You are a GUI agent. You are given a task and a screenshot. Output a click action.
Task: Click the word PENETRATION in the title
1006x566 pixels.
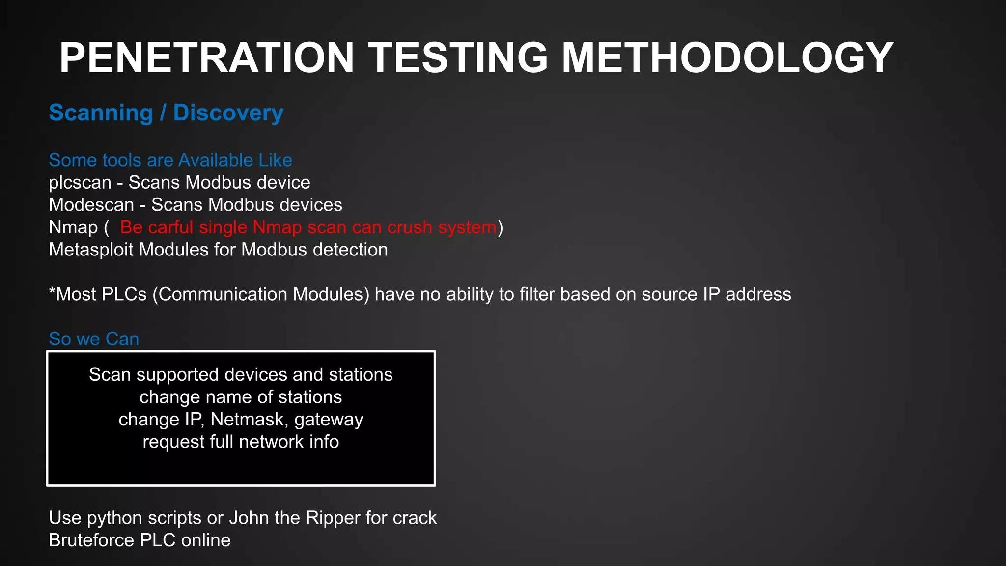[206, 58]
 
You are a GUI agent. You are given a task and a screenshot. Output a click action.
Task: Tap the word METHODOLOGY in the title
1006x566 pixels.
[727, 58]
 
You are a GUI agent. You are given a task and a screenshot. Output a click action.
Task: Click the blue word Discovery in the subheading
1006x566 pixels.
[228, 113]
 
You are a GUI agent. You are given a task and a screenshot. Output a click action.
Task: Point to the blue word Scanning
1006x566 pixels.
[101, 113]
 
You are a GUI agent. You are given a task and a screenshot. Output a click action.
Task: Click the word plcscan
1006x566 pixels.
[80, 183]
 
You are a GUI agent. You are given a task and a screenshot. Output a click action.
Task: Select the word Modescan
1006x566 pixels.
[91, 205]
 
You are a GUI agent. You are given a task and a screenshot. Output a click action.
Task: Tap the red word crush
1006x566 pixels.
[410, 227]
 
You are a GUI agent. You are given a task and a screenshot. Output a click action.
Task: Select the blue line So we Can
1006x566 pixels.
[94, 339]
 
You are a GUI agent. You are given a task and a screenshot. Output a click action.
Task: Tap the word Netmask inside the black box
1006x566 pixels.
[248, 420]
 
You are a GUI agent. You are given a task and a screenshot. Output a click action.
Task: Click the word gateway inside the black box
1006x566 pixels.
[329, 420]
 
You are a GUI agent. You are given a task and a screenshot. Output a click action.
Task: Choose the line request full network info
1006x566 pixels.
[241, 442]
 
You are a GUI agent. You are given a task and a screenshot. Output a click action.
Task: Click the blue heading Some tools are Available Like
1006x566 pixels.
[170, 160]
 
